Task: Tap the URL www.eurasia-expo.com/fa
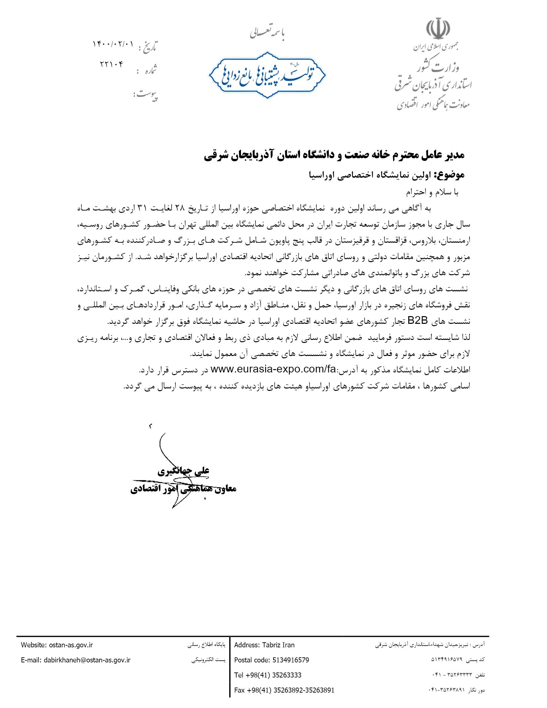(x=273, y=369)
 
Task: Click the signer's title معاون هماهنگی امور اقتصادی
(x=183, y=489)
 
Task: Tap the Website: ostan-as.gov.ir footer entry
(x=57, y=645)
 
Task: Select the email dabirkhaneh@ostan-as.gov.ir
(x=75, y=660)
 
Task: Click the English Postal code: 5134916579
(x=271, y=660)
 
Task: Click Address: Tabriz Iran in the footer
(x=264, y=645)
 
